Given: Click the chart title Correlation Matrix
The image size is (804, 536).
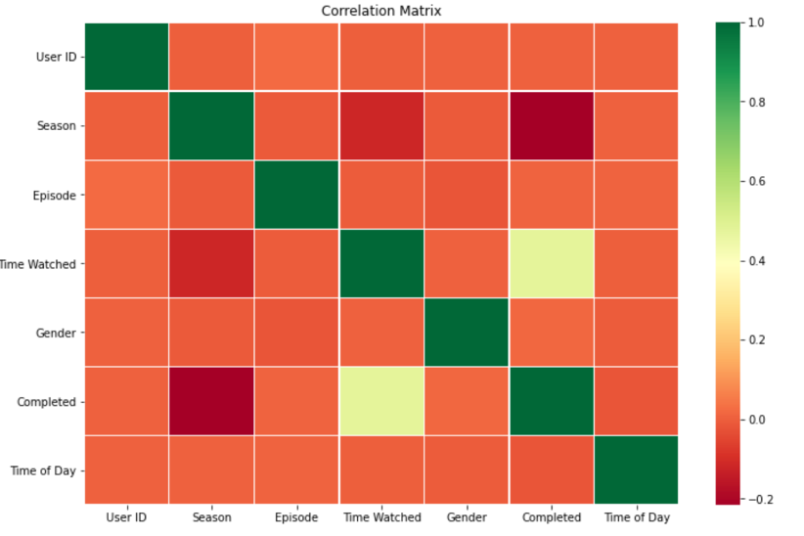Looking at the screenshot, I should coord(380,11).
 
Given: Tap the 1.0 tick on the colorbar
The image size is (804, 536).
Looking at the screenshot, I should coord(755,22).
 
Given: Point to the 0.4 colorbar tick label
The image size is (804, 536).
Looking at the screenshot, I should coord(755,261).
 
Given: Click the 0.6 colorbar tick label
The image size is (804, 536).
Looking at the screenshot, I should coord(755,181).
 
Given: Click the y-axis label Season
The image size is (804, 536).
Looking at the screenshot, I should coord(57,126).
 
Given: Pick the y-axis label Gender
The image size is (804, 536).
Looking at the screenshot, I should coord(56,333).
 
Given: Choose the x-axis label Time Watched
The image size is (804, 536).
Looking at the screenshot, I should coord(381,517).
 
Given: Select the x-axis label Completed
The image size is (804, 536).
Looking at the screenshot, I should coord(551,517).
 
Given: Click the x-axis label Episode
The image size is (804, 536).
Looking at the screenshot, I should coord(296,517).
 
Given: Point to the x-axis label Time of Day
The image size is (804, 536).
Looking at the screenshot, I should coord(636,517).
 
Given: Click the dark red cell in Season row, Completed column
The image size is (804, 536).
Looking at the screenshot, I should coord(551,126).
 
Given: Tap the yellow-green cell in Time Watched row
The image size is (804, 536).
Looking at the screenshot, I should coord(551,264).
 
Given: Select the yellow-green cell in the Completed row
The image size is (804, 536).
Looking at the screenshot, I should coord(381,401).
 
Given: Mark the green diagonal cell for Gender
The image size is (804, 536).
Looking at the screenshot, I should coord(467,333).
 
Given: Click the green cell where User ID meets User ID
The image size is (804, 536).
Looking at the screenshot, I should coord(127,57).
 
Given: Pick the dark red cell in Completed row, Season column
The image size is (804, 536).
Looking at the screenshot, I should coord(211,401).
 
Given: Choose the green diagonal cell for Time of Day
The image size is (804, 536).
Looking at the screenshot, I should coord(636,469).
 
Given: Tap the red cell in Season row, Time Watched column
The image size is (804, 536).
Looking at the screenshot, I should coord(381,126).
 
